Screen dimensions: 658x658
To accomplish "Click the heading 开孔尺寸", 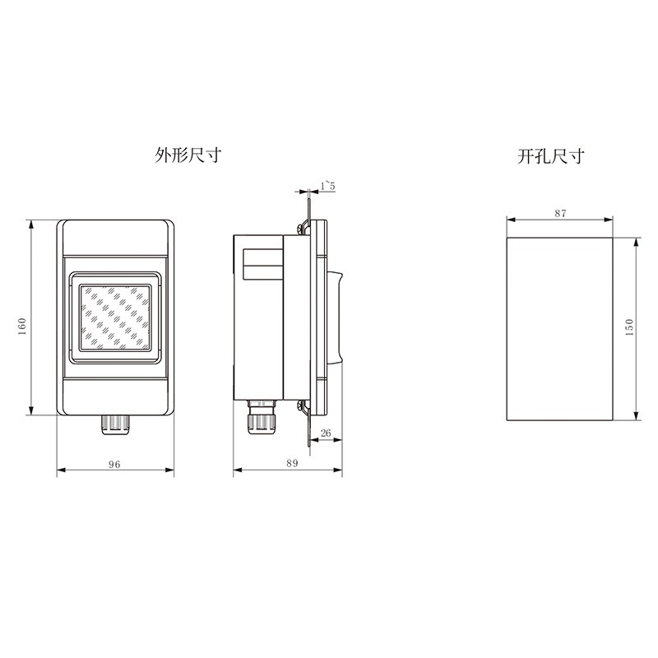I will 550,155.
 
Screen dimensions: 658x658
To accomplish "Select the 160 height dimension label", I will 22,327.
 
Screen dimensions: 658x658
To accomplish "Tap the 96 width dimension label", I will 114,465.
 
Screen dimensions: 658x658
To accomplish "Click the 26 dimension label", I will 326,433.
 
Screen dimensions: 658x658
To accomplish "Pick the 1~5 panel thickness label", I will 327,187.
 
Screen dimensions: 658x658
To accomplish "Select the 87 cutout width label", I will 560,213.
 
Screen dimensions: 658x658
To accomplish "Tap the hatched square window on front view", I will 115,317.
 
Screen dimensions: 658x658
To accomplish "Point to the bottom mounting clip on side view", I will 303,405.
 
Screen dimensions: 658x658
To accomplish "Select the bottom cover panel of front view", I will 115,393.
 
